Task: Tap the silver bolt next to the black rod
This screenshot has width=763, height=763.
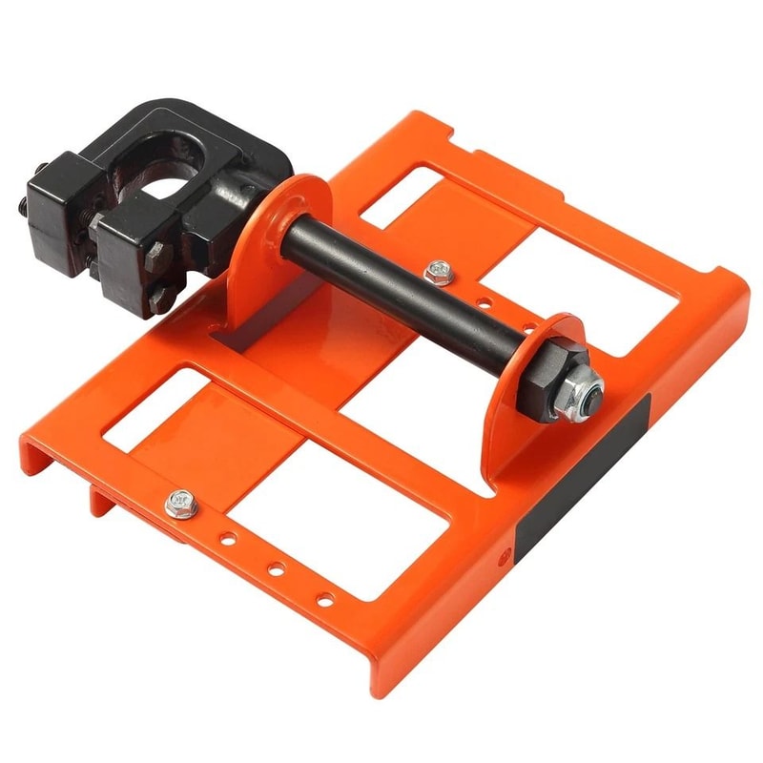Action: point(440,271)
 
